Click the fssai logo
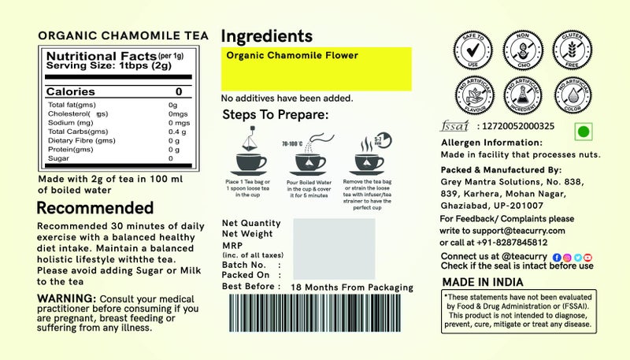click(453, 125)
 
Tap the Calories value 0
click(178, 92)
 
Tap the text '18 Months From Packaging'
click(352, 287)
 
